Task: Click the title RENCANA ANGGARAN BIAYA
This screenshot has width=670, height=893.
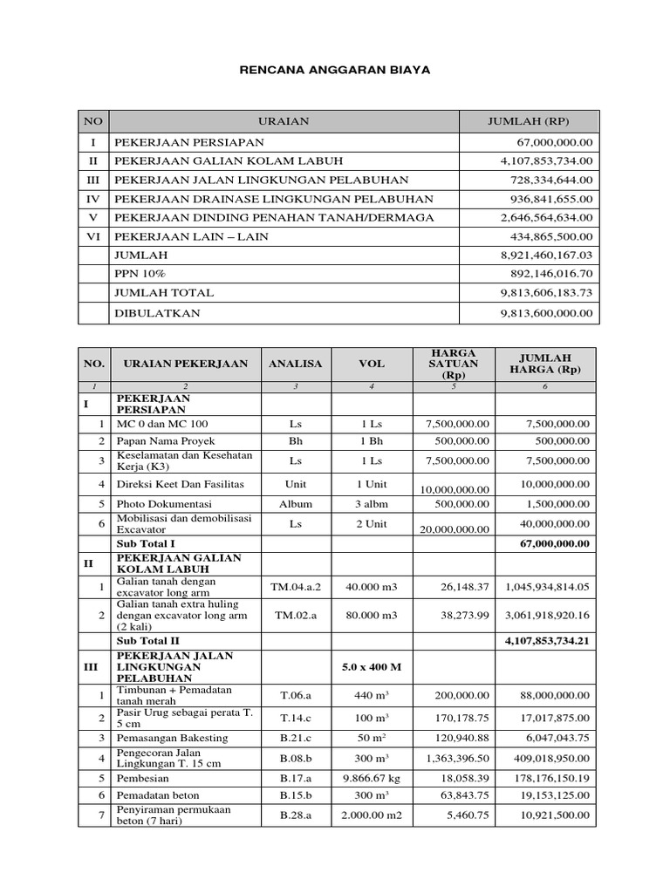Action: pyautogui.click(x=335, y=68)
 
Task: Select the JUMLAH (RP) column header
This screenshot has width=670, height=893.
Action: pyautogui.click(x=528, y=121)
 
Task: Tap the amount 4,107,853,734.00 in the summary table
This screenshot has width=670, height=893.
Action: pyautogui.click(x=546, y=160)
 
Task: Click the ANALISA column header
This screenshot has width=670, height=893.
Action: pyautogui.click(x=295, y=364)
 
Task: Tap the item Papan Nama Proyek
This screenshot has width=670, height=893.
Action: pyautogui.click(x=166, y=441)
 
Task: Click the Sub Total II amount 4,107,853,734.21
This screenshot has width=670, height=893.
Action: pyautogui.click(x=547, y=641)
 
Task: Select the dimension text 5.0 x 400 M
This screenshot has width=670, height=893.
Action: pyautogui.click(x=371, y=666)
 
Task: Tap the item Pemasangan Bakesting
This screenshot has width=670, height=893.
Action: pyautogui.click(x=172, y=738)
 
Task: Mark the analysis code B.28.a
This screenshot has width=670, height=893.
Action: pyautogui.click(x=295, y=815)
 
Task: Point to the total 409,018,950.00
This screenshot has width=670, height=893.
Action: pyautogui.click(x=547, y=758)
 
